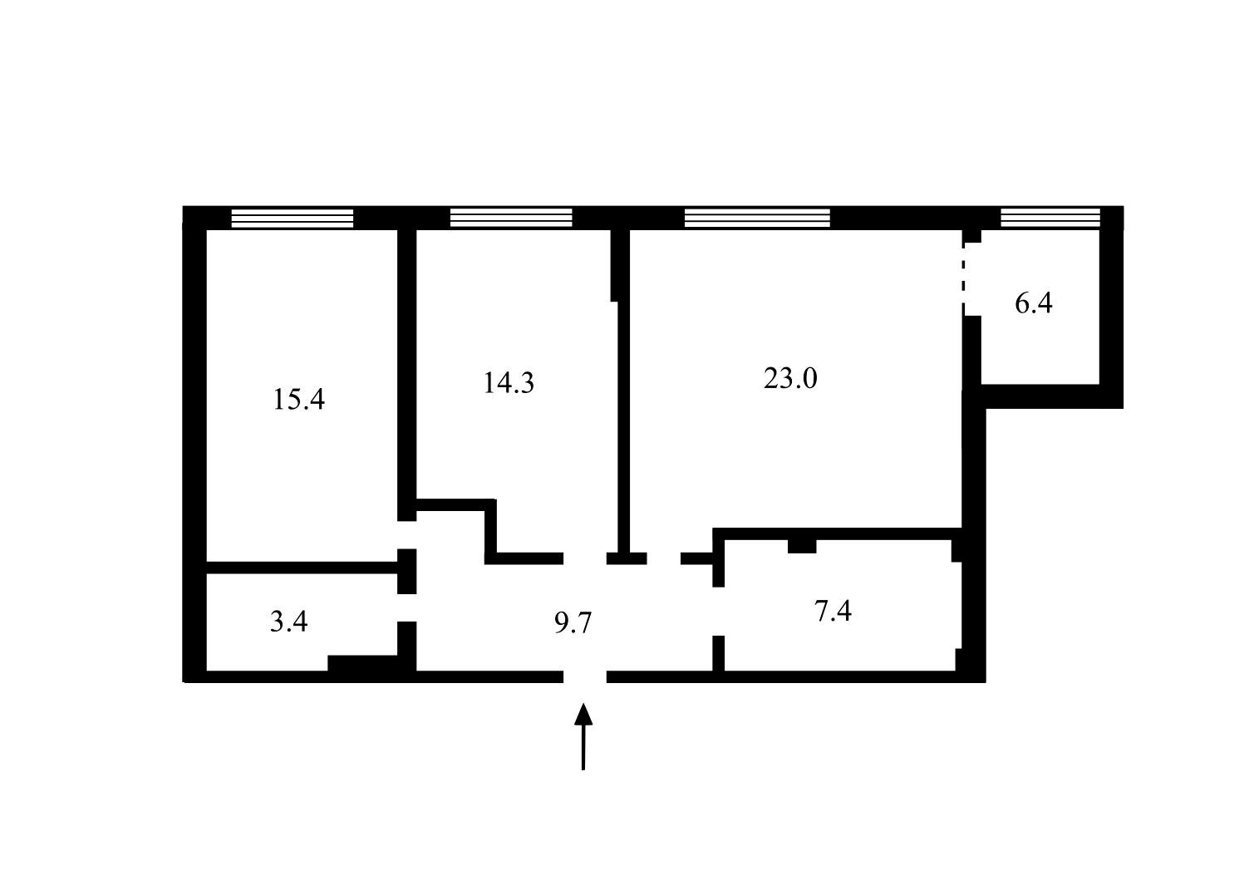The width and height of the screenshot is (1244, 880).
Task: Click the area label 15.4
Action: (x=298, y=399)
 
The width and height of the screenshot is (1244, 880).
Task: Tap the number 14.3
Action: (x=509, y=382)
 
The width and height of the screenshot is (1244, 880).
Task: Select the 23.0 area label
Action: (x=790, y=379)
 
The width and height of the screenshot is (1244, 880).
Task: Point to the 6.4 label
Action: (x=1034, y=303)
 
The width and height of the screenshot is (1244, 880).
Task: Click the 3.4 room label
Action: (x=289, y=622)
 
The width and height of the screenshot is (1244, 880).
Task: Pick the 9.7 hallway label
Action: (x=573, y=623)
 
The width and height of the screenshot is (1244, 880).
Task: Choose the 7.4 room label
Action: (x=833, y=611)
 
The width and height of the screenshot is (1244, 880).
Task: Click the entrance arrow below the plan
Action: (x=583, y=736)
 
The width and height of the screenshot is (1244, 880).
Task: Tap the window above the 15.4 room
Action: (x=293, y=219)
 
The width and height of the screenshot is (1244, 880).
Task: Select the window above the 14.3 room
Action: (x=511, y=218)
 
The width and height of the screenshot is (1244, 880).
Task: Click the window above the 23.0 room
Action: (x=758, y=218)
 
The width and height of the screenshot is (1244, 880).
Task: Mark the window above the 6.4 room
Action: (x=1050, y=218)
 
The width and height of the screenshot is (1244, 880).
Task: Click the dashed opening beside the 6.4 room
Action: (x=964, y=279)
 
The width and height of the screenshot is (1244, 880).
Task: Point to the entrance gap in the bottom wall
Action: (x=585, y=676)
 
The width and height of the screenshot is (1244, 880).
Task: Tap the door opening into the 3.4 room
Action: (x=407, y=608)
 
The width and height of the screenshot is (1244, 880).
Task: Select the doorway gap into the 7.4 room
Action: (x=719, y=612)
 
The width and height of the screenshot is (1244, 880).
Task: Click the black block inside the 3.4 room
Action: (x=362, y=663)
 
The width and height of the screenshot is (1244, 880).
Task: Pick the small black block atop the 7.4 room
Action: (x=802, y=546)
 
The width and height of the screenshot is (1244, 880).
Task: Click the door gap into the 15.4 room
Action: (x=407, y=534)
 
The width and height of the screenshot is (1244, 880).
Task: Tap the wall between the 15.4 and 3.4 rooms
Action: (x=302, y=568)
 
